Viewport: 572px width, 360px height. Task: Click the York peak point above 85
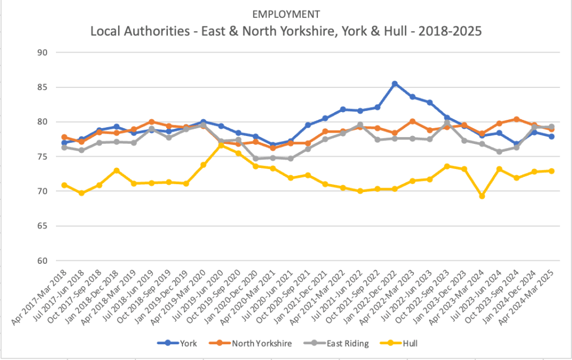tap(395, 84)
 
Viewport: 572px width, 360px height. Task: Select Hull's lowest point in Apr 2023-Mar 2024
tap(482, 196)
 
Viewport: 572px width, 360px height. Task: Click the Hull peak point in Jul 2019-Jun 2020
tap(221, 145)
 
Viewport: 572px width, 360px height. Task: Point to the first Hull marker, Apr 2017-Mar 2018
tap(64, 185)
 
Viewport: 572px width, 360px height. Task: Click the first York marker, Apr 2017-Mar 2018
tap(64, 143)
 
